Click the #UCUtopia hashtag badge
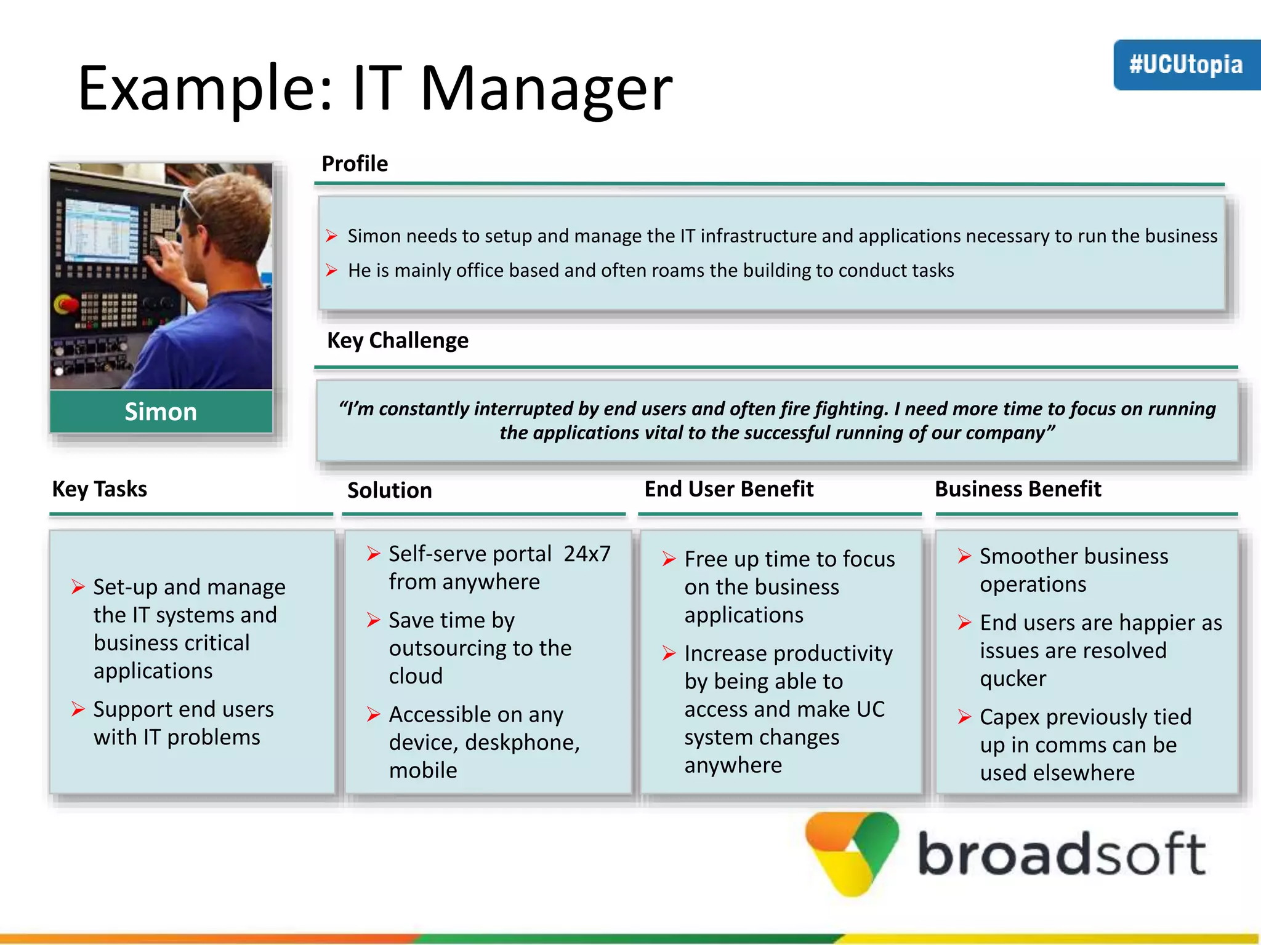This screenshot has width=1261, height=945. click(x=1186, y=65)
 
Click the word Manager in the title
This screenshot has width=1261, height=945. click(x=546, y=89)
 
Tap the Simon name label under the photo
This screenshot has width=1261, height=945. click(x=161, y=412)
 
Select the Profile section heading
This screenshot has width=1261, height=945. click(x=355, y=164)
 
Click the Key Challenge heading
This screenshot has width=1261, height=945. click(x=398, y=340)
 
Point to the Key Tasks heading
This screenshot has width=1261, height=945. click(x=100, y=489)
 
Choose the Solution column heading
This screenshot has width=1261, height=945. click(x=390, y=490)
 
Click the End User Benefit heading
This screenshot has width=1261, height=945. click(x=729, y=489)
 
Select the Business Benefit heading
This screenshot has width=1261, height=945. click(x=1018, y=489)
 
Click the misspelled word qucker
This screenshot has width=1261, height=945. click(x=1013, y=679)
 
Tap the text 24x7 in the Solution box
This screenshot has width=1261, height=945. click(x=587, y=554)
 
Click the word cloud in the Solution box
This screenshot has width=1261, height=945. click(x=416, y=676)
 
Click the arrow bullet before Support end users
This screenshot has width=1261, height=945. click(x=78, y=709)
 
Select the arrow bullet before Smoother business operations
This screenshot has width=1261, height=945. click(x=964, y=556)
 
